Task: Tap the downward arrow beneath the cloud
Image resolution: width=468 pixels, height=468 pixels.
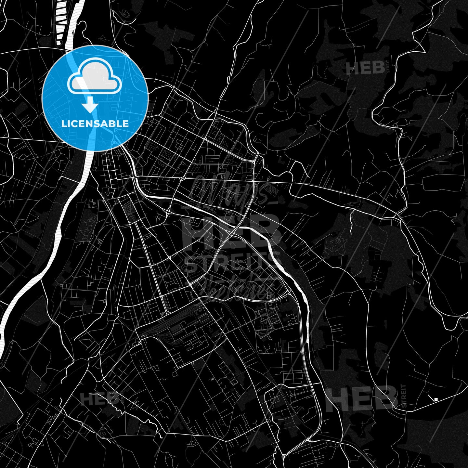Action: tap(90, 106)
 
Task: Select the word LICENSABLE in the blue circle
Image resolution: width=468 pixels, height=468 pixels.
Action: tap(95, 124)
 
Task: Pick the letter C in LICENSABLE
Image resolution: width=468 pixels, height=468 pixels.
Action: tap(76, 124)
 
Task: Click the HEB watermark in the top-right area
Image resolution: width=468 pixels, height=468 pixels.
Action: tap(365, 69)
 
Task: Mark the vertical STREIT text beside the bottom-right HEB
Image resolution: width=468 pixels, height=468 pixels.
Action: tap(404, 396)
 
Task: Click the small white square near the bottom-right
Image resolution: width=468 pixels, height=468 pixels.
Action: tap(436, 399)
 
